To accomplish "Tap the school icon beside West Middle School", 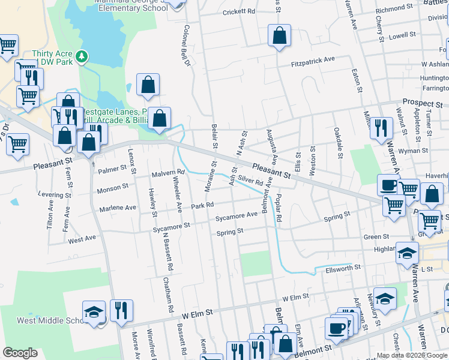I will [x=94, y=312].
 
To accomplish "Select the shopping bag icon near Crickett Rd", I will [x=279, y=35].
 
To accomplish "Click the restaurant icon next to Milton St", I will [x=381, y=128].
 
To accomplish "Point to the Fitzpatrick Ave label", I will [x=313, y=61].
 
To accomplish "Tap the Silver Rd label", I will [x=251, y=180].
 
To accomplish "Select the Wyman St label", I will [x=416, y=151].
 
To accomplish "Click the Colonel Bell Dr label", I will [x=187, y=46].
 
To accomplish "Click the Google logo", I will [x=20, y=353].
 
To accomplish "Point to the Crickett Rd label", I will [x=239, y=12].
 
